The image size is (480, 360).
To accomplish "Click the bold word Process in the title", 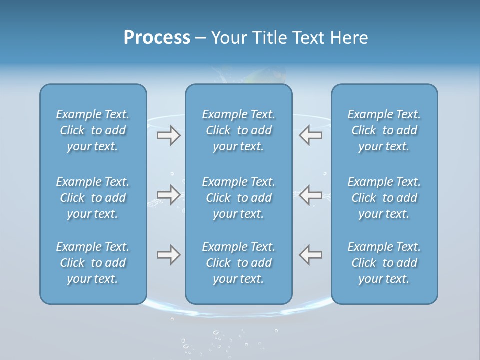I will (157, 38).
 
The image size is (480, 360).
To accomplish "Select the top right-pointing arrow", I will (169, 135).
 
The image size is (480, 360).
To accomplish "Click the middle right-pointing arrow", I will (169, 195).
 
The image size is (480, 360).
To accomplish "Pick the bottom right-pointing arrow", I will (169, 255).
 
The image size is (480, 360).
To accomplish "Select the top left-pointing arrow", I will (310, 135).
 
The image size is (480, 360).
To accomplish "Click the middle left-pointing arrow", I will (310, 195).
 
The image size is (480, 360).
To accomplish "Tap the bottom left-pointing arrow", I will (310, 255).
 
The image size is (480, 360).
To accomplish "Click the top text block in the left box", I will (93, 130).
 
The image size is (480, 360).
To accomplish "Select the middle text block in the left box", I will (93, 198).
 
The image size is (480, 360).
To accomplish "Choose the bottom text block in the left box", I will (93, 263).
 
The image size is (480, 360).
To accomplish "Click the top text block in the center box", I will (238, 130).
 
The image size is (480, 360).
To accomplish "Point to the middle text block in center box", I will (238, 198).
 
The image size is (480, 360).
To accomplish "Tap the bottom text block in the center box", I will (238, 263).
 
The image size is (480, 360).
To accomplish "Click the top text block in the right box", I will (384, 130).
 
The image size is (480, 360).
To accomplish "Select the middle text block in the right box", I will (384, 198).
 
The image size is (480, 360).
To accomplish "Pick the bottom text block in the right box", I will (384, 263).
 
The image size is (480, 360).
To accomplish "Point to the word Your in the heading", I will (229, 38).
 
